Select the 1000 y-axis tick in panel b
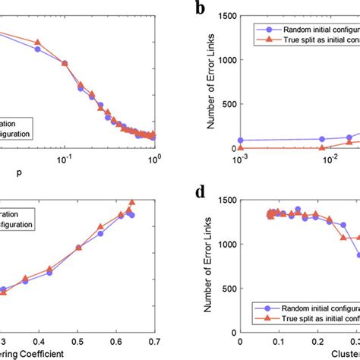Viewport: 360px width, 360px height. [225, 58]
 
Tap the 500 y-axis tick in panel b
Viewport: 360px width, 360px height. [228, 103]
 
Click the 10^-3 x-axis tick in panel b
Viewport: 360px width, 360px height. [241, 157]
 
